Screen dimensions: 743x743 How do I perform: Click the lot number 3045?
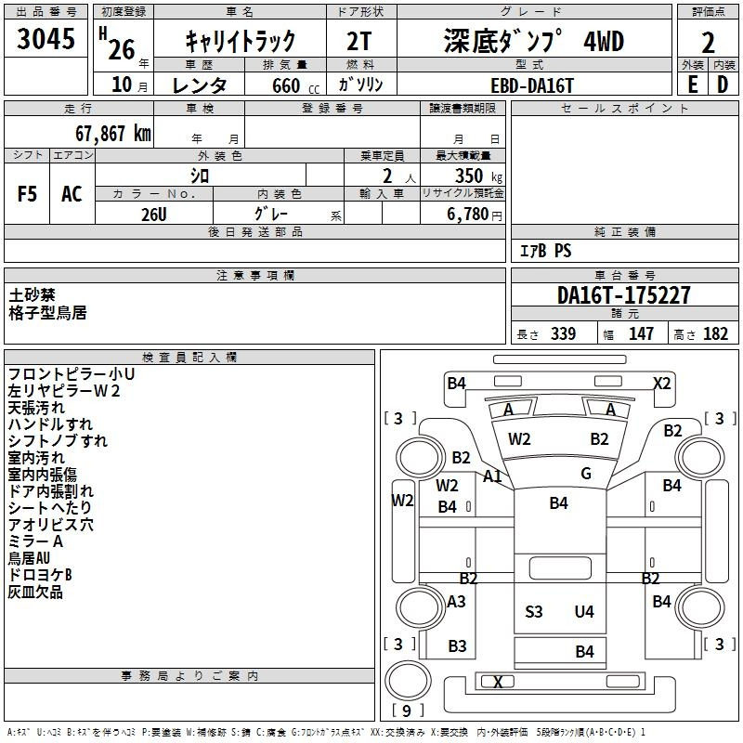point(46,39)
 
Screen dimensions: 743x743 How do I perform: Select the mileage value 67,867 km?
point(113,134)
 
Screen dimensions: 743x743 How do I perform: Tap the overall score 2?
point(708,43)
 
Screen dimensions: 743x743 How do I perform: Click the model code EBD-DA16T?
point(532,85)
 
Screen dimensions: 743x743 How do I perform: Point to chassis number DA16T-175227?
point(623,295)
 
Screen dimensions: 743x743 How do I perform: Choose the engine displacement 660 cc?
point(295,85)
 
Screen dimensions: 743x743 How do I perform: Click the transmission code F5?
point(27,194)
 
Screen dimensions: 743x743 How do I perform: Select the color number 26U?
point(154,215)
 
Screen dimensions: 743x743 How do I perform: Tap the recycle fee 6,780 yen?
point(475,215)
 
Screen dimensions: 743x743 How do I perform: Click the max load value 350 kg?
point(478,176)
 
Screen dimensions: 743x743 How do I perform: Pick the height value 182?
point(715,334)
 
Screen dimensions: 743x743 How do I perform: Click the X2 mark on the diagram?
point(661,383)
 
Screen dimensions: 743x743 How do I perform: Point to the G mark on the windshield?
point(586,473)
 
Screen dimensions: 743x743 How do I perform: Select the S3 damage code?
point(533,612)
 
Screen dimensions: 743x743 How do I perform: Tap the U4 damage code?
point(584,612)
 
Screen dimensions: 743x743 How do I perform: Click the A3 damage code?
point(456,602)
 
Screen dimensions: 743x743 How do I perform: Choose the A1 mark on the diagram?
point(492,476)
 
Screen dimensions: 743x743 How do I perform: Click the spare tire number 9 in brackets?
point(407,710)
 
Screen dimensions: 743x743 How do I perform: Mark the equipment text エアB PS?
point(546,251)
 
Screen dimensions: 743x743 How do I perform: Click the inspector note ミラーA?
point(35,541)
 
